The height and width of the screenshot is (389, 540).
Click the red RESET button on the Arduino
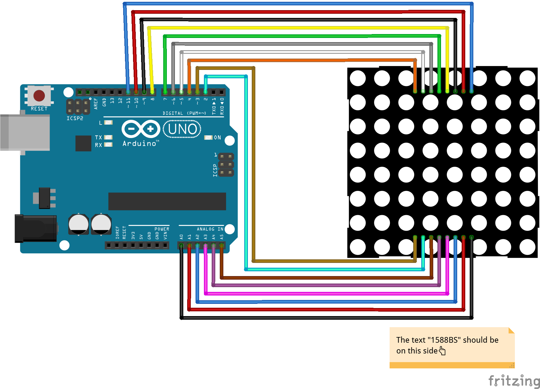click(39, 96)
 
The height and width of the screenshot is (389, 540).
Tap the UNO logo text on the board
click(182, 129)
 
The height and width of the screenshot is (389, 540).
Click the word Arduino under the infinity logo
click(139, 144)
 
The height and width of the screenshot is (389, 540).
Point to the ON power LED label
click(217, 137)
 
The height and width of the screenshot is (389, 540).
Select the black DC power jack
click(36, 228)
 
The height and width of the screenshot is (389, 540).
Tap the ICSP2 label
click(75, 118)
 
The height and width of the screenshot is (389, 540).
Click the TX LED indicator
click(108, 137)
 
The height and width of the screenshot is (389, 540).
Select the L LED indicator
click(108, 122)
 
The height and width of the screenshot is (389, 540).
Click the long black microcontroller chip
click(167, 201)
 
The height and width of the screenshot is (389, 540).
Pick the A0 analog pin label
click(181, 237)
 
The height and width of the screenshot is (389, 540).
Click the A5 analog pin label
click(222, 237)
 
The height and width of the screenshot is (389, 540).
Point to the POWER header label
click(162, 229)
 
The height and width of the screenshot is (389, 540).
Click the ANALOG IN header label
click(210, 229)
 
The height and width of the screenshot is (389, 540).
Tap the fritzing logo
click(514, 381)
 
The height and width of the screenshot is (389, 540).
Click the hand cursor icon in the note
click(442, 351)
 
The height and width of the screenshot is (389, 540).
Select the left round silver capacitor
click(78, 224)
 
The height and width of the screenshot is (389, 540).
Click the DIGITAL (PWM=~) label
click(184, 113)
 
